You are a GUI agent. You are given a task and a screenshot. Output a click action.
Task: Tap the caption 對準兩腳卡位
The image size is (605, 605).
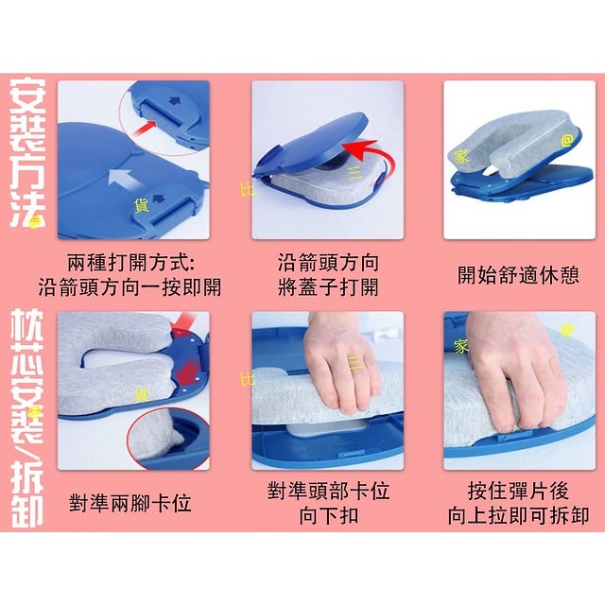(x=130, y=503)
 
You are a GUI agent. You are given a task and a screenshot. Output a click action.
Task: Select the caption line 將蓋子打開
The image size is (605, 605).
(x=328, y=286)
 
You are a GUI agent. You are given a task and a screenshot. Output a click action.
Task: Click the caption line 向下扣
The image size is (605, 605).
(x=328, y=516)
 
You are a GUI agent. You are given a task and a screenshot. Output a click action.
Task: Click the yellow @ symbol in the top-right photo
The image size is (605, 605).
(x=567, y=140)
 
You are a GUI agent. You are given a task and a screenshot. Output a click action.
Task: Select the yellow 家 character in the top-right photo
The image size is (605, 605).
(x=460, y=158)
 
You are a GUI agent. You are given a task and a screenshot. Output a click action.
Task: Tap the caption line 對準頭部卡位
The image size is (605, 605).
(x=328, y=492)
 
